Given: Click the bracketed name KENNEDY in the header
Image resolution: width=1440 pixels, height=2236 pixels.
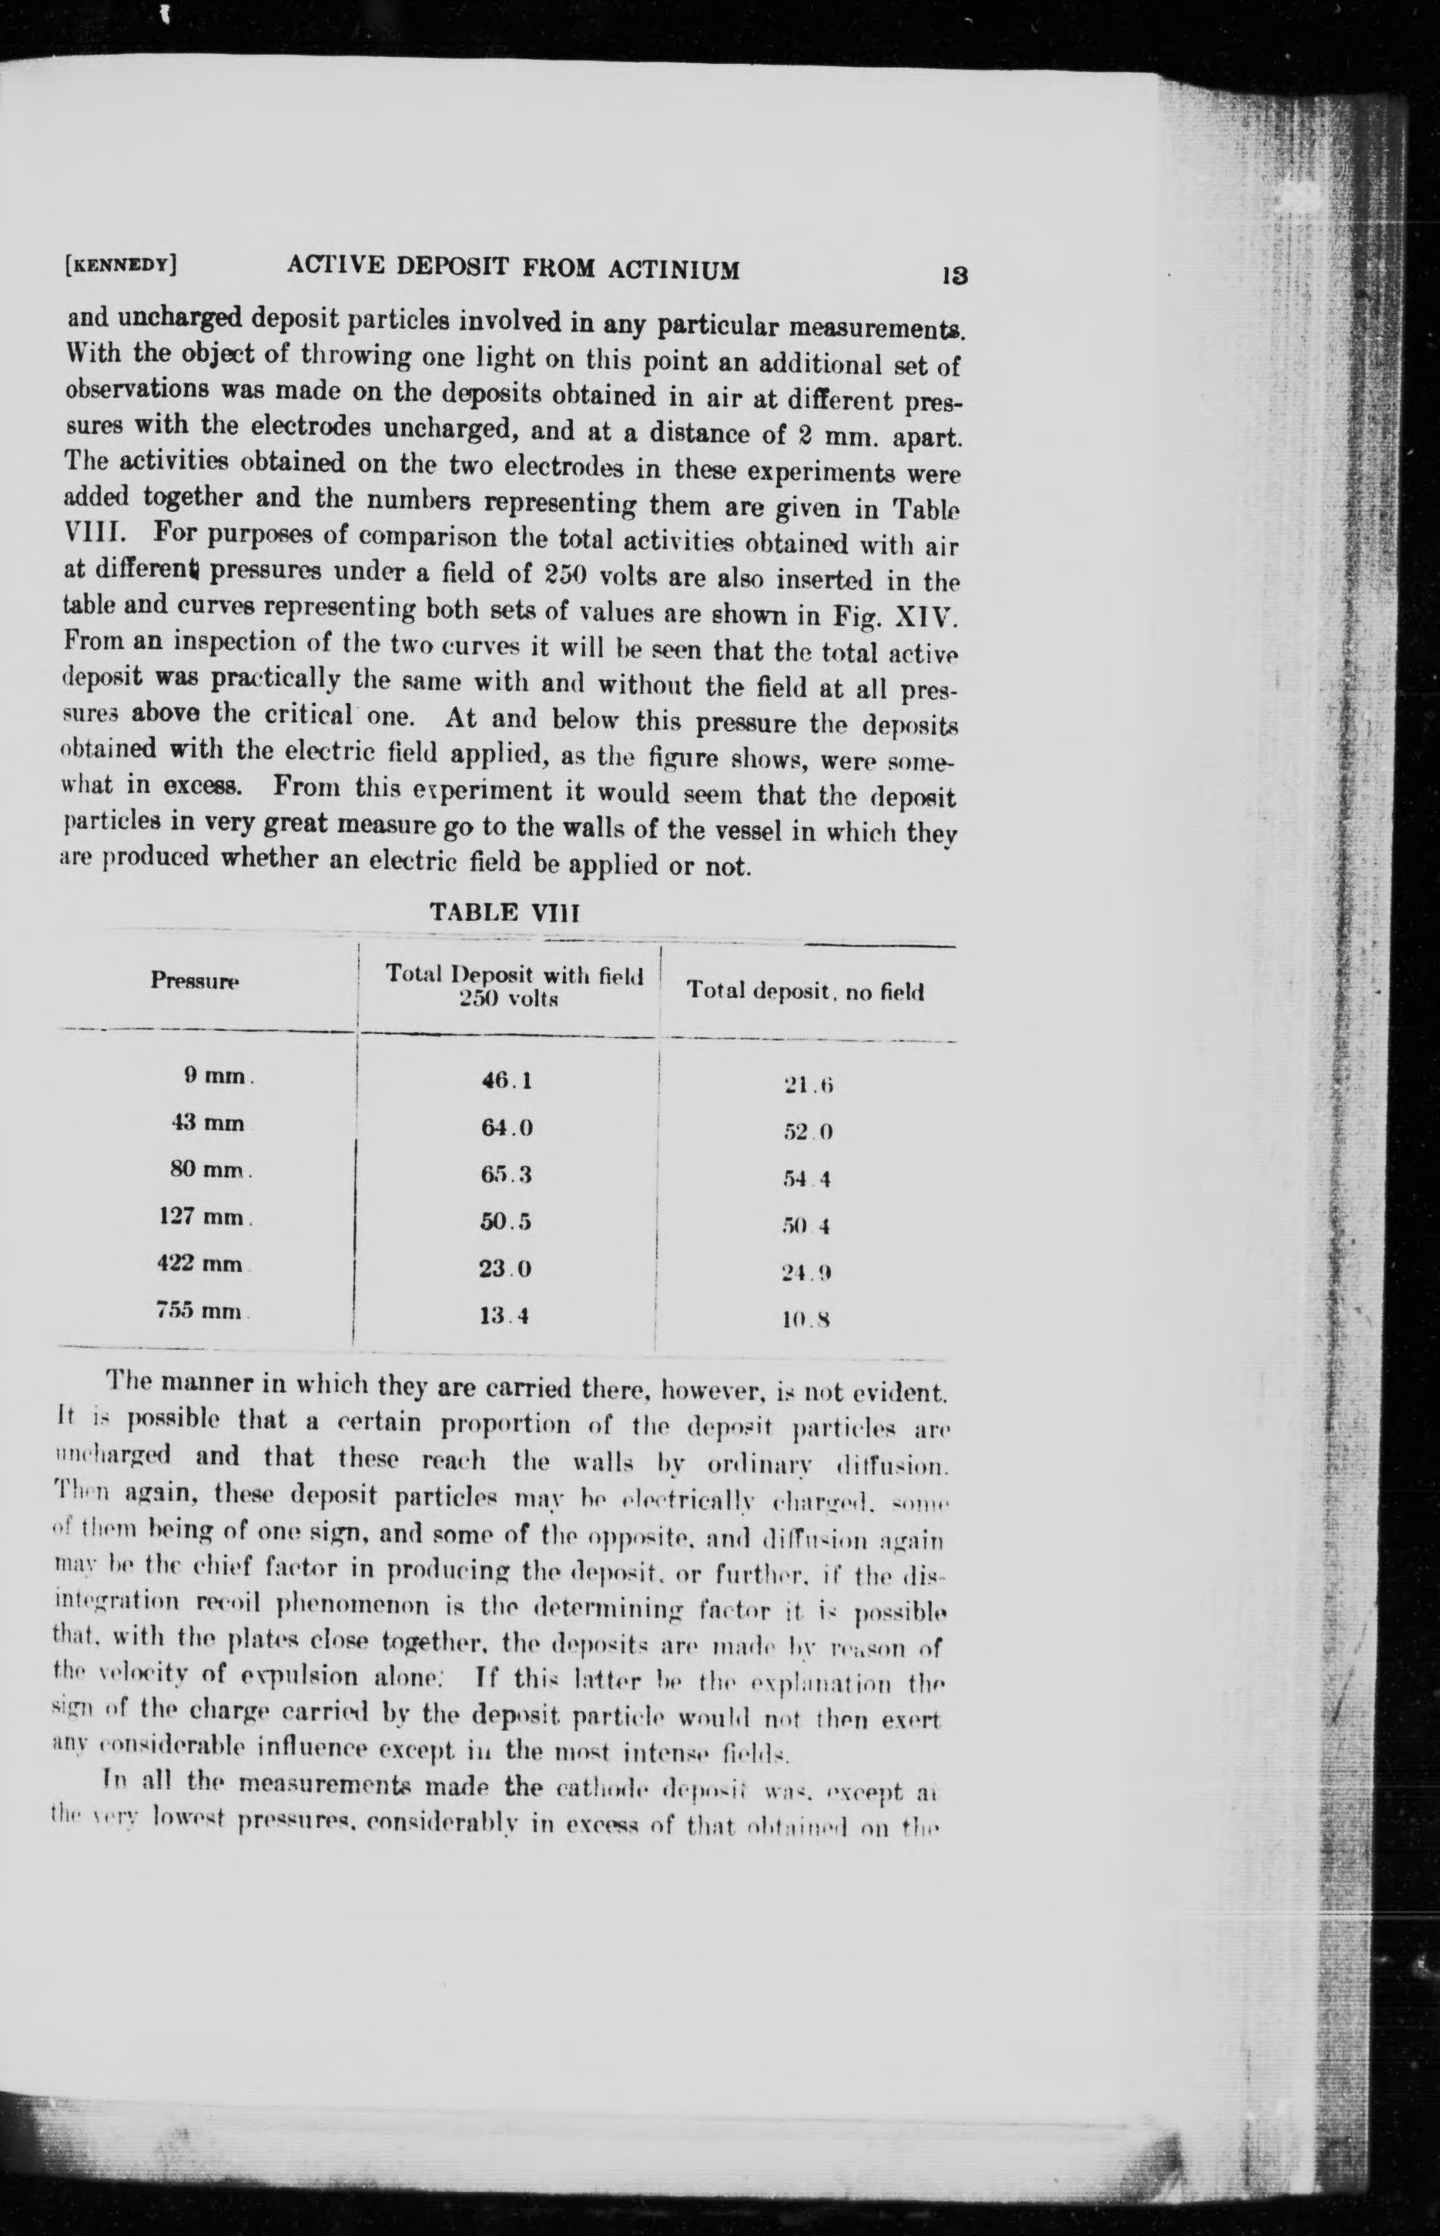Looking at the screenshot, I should coord(122,265).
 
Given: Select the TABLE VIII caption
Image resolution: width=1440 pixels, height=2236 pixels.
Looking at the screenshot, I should coord(505,913).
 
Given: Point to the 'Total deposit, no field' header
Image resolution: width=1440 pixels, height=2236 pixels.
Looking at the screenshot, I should coord(805,991).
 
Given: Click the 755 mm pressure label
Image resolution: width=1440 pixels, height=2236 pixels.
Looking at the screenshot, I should coord(202,1310).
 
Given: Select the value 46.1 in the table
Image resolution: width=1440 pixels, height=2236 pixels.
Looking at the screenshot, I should coord(506,1080).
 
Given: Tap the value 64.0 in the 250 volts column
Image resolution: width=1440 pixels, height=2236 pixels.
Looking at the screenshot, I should coord(506,1127).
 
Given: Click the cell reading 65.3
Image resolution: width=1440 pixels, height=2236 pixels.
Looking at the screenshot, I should coord(506,1175).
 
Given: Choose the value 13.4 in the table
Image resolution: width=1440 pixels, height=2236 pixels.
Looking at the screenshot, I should coord(505,1316).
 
